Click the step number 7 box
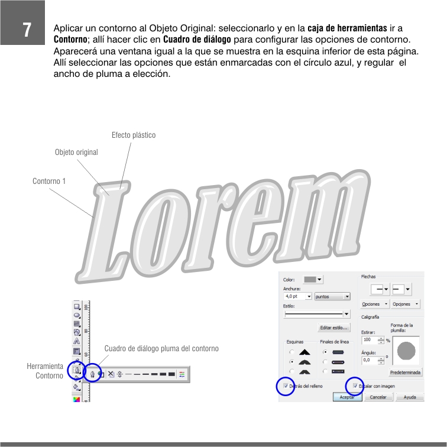pos(22,22)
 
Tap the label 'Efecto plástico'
pos(134,135)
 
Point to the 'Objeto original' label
pos(76,152)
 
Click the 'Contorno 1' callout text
pos(49,181)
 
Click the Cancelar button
pos(378,397)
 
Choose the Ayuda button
pos(410,397)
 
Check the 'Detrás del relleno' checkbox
pos(286,386)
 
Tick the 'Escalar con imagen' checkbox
pos(355,386)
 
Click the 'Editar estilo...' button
pos(334,328)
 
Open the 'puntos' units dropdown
pos(332,296)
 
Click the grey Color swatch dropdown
pos(313,280)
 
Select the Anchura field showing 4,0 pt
pos(297,296)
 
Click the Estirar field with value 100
pos(372,340)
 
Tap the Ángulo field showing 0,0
pos(372,360)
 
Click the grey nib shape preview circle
pos(406,351)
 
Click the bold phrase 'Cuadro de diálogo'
pos(197,40)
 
